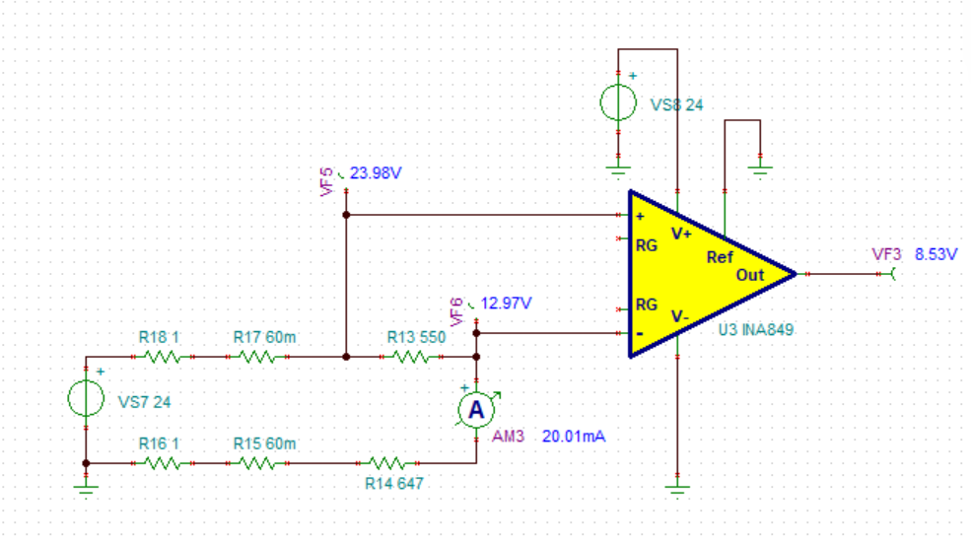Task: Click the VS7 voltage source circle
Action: [x=86, y=398]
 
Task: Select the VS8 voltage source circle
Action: [x=618, y=102]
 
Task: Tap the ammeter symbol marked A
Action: [x=476, y=410]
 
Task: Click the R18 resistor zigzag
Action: [x=163, y=357]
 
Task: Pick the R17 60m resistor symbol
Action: [x=257, y=357]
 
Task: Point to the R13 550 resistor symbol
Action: [x=411, y=357]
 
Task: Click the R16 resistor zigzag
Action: [x=163, y=463]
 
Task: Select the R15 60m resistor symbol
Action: [x=257, y=463]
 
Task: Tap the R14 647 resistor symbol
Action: [x=387, y=463]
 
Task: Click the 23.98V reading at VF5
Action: [x=376, y=173]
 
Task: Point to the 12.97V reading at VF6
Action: [x=506, y=304]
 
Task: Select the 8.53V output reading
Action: [x=936, y=254]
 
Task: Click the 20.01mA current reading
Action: [x=574, y=437]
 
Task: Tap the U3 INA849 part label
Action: [x=755, y=330]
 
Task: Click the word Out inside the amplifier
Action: [x=750, y=275]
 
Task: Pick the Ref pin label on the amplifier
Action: [x=720, y=257]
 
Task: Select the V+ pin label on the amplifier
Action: [x=681, y=234]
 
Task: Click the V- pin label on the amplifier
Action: [x=680, y=316]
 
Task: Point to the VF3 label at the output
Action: [x=886, y=254]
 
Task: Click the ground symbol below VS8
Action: [x=618, y=169]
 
